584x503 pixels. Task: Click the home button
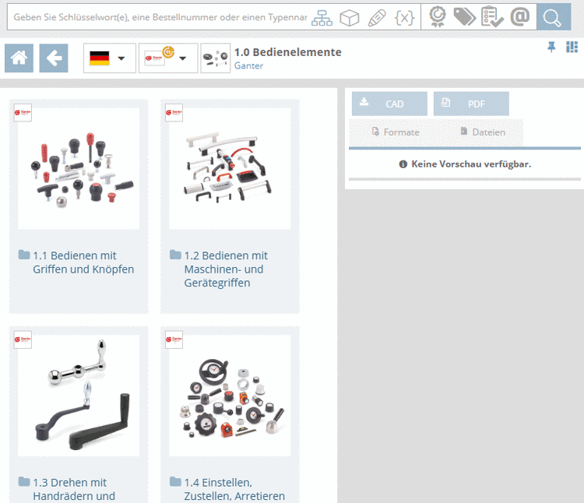point(19,58)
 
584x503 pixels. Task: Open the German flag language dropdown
point(110,58)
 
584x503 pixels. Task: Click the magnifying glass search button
point(554,17)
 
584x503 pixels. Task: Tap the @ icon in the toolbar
point(520,17)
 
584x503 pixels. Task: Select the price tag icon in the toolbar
point(464,17)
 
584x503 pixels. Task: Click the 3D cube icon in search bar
point(350,17)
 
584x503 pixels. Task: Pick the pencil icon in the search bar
point(377,17)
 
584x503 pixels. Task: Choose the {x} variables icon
point(404,17)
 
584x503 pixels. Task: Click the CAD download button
point(389,104)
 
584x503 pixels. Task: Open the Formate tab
point(396,132)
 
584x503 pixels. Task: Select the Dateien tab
point(483,132)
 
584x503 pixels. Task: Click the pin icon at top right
point(551,47)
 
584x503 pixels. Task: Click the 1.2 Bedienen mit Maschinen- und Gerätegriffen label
point(226,269)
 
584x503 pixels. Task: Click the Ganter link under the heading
point(248,66)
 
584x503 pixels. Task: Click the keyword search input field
point(160,17)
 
